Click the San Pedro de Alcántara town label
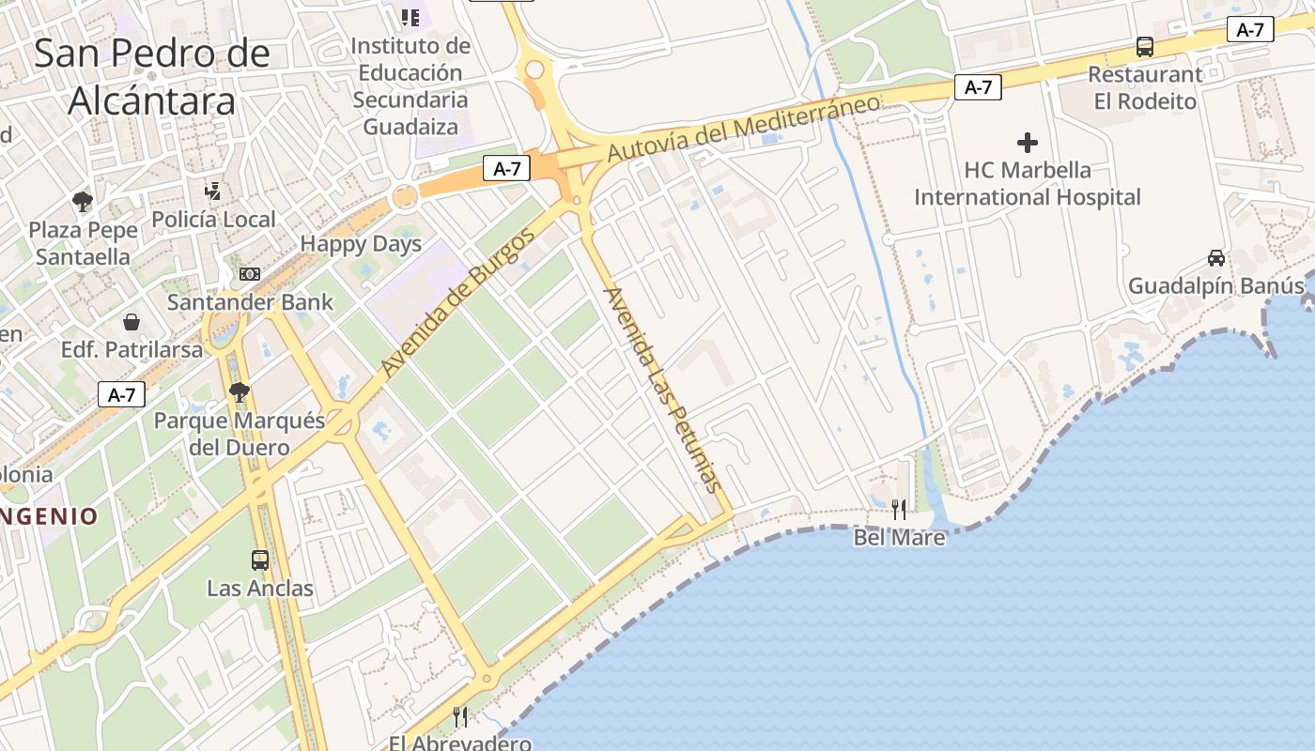(152, 77)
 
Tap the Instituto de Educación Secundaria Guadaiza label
(410, 85)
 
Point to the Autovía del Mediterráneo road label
(743, 127)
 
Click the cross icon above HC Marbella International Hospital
(1028, 143)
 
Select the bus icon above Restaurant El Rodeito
(1145, 46)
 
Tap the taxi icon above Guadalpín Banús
(1215, 257)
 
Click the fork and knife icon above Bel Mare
(899, 510)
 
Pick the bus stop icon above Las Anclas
(260, 560)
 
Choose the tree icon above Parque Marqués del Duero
(240, 391)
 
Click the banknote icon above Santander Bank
(250, 274)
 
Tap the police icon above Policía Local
(213, 192)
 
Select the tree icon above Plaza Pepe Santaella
(83, 201)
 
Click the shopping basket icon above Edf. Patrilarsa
(131, 322)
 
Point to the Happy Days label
(361, 245)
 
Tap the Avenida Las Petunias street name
(663, 389)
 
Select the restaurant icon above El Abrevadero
(460, 717)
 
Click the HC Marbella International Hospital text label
(1028, 183)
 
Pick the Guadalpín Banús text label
(1215, 285)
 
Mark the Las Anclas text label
(260, 589)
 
